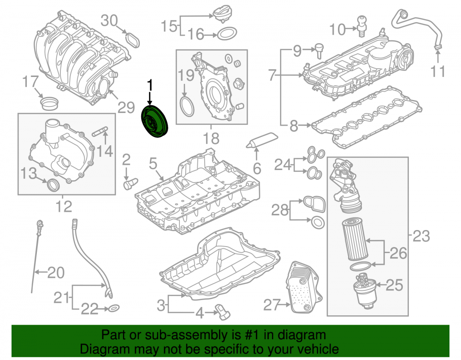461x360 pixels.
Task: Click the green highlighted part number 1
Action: [154, 121]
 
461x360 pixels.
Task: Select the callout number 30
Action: [109, 21]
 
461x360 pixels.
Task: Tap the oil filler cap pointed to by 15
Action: [222, 14]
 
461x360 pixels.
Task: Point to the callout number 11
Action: [437, 71]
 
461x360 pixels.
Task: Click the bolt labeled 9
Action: [319, 51]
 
